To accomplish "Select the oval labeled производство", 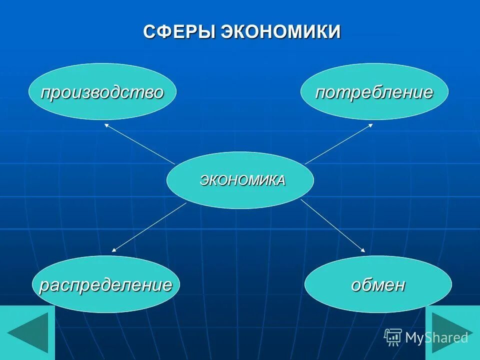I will (102, 92).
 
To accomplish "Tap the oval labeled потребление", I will (374, 92).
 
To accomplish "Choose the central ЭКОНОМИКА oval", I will (240, 180).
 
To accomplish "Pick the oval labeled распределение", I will (105, 284).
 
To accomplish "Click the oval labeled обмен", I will (378, 284).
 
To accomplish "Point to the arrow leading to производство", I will (140, 144).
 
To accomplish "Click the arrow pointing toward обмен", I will (333, 225).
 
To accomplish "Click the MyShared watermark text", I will (436, 337).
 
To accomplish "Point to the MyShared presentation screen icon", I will (393, 337).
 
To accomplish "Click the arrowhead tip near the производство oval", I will (105, 124).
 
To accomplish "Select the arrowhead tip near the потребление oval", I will (371, 124).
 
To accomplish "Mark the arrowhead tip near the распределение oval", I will (113, 250).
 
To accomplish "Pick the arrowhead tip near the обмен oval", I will (364, 250).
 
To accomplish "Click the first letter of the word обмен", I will (355, 286).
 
